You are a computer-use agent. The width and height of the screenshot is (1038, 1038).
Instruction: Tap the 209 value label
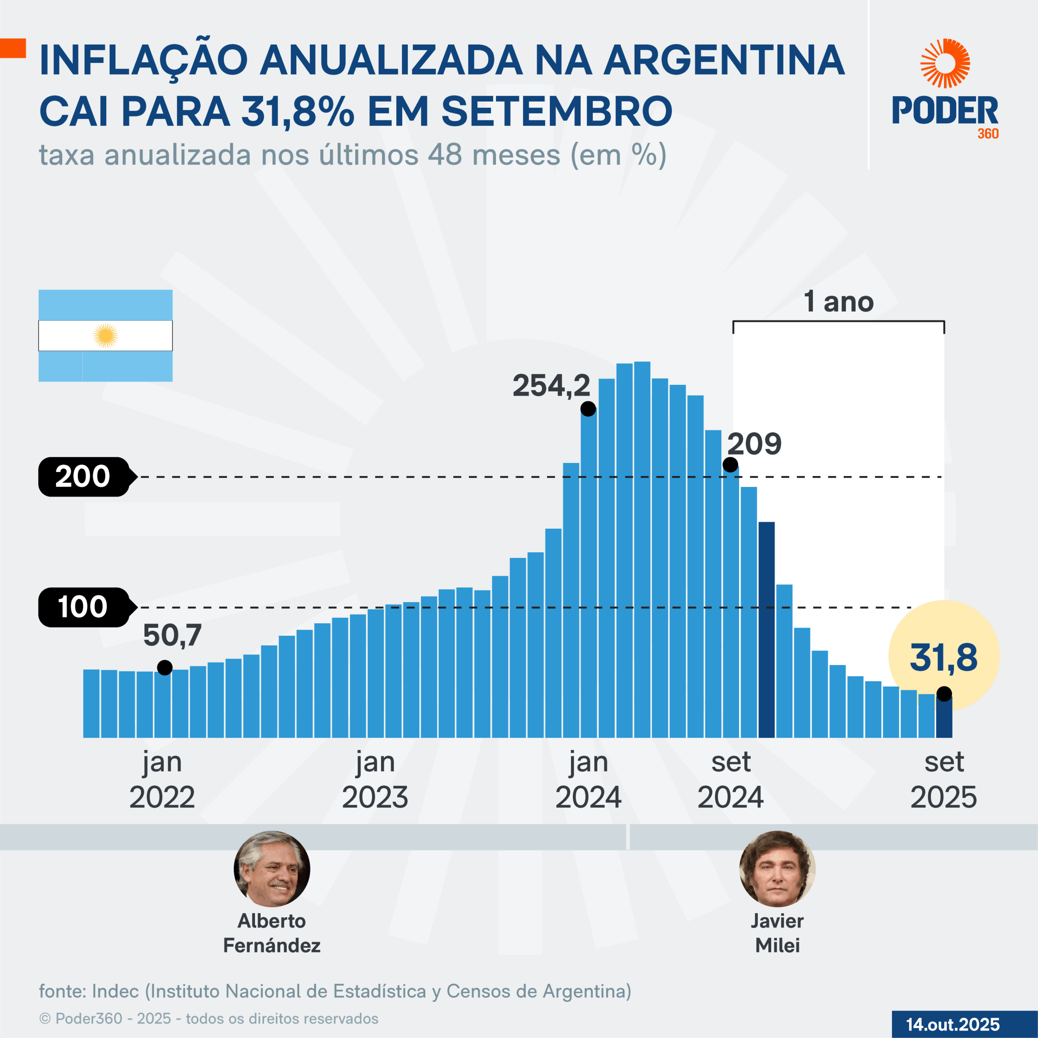coord(754,444)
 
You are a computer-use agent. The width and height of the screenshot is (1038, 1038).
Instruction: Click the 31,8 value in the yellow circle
coord(944,657)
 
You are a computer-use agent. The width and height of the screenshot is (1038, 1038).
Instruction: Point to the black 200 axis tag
coord(83,476)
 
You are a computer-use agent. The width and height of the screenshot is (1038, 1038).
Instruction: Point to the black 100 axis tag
coord(83,607)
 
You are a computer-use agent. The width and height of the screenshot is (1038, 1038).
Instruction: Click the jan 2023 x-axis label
coord(375,779)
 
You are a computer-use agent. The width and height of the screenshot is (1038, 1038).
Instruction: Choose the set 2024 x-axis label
coord(730,779)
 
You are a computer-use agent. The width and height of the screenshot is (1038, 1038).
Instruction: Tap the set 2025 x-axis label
coord(944,779)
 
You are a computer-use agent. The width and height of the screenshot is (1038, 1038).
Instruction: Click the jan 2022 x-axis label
coord(162,779)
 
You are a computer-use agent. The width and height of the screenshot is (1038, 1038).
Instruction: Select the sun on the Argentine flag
coord(105,336)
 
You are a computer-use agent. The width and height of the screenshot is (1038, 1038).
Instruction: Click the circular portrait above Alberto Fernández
coord(272,869)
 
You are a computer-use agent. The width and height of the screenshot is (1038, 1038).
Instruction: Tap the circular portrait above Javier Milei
coord(777,869)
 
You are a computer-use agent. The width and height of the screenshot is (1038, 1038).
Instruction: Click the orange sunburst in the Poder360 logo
coord(945,63)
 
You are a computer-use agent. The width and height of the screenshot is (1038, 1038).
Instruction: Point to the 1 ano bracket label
coord(838,302)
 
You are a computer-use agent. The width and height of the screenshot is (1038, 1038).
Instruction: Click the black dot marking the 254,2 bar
coord(588,409)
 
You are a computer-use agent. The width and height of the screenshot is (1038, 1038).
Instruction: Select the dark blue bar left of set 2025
coord(766,628)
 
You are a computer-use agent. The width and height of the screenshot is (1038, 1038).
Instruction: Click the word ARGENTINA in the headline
coord(724,60)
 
